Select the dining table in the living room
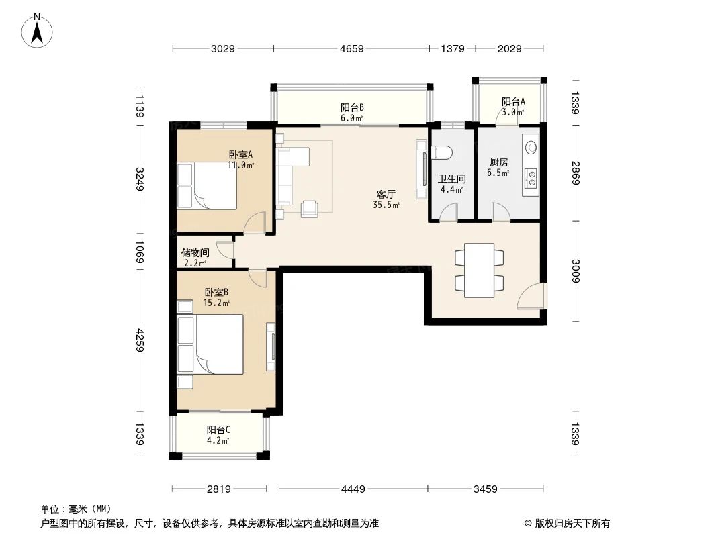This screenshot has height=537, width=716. point(479,270)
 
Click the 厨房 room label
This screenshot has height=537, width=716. point(498,162)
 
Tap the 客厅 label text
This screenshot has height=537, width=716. point(386,195)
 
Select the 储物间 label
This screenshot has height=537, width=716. point(195,253)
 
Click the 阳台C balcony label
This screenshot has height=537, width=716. point(218,430)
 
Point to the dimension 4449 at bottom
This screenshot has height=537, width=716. point(353,489)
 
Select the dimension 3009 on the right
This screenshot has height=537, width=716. point(576,271)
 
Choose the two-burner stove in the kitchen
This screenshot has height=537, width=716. point(531,177)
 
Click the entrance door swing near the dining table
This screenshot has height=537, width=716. point(533,296)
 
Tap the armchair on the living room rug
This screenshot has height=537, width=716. point(310,209)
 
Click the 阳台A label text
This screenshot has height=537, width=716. point(513,102)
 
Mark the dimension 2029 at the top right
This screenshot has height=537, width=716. point(510,48)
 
